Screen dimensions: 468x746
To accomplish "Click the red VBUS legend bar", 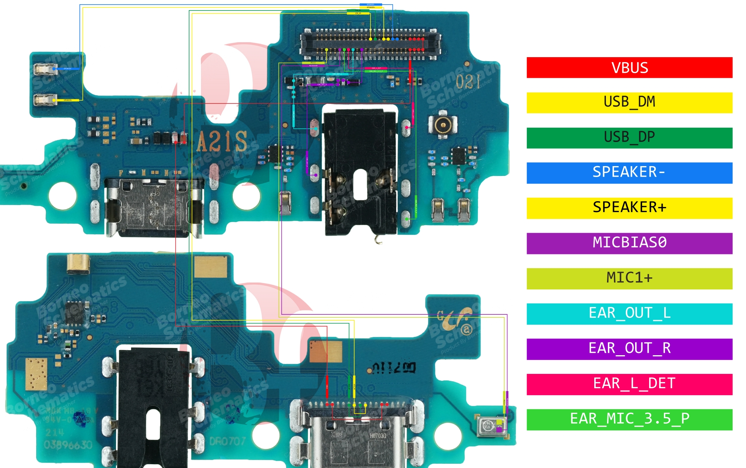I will coord(629,68).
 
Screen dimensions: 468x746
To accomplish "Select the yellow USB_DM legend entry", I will coord(629,102).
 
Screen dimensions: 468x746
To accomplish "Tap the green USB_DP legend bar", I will coord(629,138).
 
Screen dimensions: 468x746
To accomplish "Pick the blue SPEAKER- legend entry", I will coord(629,173).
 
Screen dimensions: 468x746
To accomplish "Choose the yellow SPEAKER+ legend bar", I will coord(629,208).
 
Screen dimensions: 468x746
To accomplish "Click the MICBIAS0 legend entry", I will coord(629,243).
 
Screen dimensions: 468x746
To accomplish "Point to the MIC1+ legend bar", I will coord(629,279).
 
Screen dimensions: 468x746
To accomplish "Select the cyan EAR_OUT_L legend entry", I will coord(629,314).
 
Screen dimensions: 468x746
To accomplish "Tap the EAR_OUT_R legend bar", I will coord(629,349).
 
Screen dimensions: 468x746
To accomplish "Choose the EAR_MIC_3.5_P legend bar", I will coord(629,419).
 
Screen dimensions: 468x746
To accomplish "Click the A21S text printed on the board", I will coord(221,142).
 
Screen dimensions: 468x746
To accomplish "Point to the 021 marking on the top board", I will coord(468,82).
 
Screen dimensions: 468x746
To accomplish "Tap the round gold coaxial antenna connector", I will coord(442,125).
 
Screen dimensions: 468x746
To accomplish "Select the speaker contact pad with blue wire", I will coord(44,69).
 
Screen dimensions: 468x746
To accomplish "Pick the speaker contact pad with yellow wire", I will coord(44,100).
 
